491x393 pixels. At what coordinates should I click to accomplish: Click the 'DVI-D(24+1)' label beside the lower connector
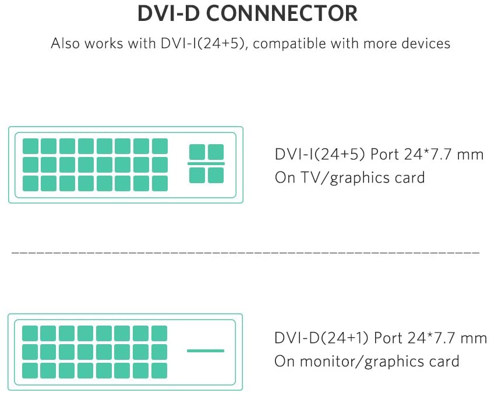coord(322,338)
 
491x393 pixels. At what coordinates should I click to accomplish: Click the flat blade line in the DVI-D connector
coord(205,351)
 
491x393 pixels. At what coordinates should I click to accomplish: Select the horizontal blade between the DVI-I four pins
coord(206,164)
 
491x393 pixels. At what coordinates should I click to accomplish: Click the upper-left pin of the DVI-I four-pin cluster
coord(197,152)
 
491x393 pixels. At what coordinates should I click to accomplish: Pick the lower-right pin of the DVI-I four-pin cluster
coord(216,175)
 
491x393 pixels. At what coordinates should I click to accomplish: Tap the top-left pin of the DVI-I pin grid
coord(30,146)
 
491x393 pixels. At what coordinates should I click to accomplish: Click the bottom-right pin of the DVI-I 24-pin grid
coord(159,183)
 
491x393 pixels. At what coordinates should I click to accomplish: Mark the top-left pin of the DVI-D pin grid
coord(30,333)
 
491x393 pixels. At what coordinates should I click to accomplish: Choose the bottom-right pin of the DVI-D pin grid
coord(159,370)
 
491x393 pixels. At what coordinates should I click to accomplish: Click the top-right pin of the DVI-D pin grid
coord(159,333)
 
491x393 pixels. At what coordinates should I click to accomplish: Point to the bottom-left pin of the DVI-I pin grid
coord(30,183)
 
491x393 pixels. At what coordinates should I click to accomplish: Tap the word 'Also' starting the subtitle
coord(64,44)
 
